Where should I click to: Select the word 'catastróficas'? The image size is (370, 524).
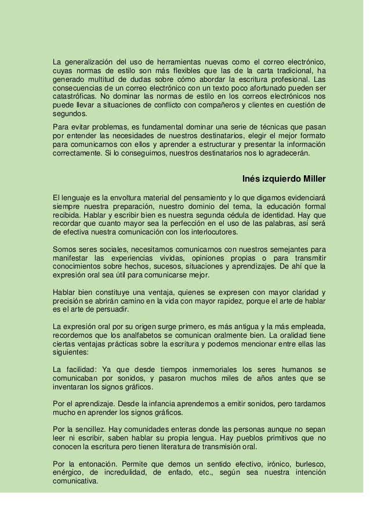coord(74,96)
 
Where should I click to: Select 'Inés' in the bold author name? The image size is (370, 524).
coord(252,178)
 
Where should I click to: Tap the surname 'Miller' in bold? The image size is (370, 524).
coord(311,178)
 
